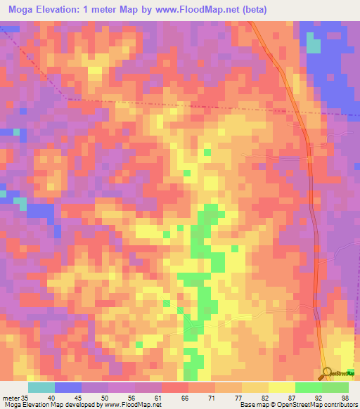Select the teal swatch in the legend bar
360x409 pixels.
click(x=41, y=387)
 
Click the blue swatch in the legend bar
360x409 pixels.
click(x=68, y=387)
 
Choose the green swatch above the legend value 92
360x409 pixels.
click(x=308, y=387)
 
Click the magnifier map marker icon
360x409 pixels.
click(x=328, y=374)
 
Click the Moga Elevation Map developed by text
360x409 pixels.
click(x=53, y=405)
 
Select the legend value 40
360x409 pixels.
click(x=52, y=397)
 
